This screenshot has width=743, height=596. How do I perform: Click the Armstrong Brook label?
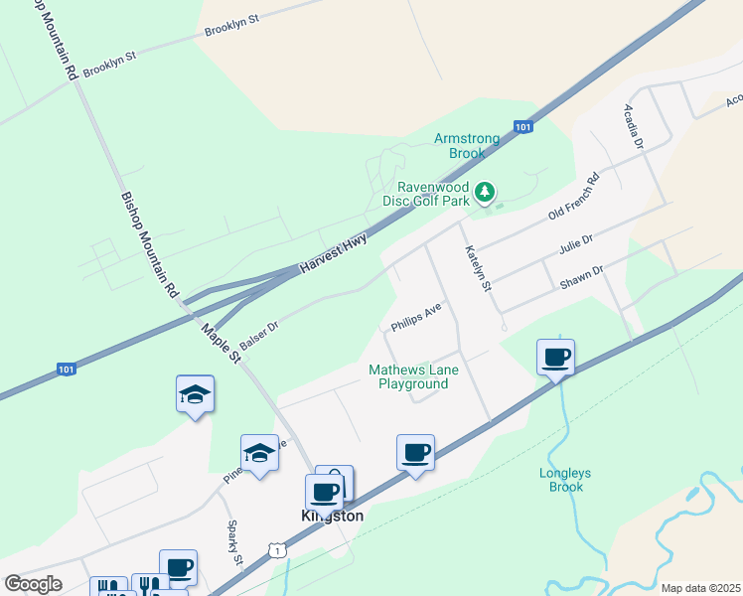[460, 146]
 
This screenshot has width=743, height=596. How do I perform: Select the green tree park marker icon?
[484, 191]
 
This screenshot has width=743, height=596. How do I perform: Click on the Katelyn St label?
[479, 269]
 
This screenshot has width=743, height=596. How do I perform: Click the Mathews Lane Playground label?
[409, 376]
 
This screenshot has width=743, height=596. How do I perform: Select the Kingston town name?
[333, 517]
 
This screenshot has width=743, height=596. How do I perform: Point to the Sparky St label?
[234, 543]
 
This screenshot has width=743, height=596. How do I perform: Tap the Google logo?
[33, 584]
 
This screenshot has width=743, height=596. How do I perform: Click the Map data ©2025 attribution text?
[699, 588]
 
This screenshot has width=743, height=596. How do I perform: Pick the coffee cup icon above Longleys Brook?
[556, 357]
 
